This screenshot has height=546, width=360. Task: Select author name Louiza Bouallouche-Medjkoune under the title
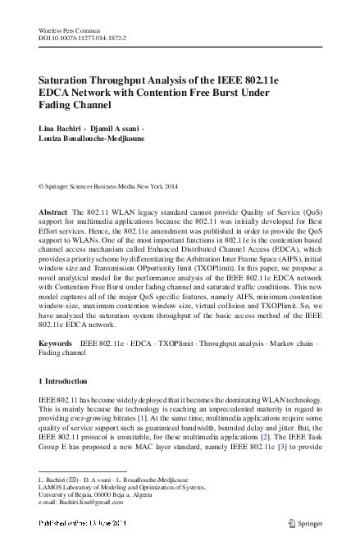tap(93, 140)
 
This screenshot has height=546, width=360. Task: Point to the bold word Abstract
tap(54, 212)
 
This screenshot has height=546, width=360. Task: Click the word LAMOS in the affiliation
tap(53, 499)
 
